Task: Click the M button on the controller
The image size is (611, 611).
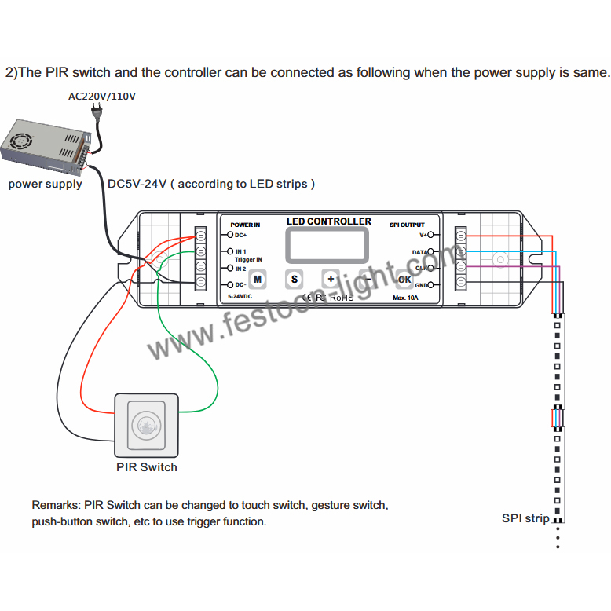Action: (x=257, y=279)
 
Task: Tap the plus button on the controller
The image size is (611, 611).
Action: (x=331, y=279)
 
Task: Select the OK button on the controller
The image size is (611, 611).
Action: (x=404, y=279)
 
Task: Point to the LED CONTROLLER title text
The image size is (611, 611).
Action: (x=329, y=221)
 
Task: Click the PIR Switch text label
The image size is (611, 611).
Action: (x=147, y=467)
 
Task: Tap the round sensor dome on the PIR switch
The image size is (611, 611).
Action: (x=147, y=425)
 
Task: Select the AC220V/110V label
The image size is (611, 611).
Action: (x=103, y=97)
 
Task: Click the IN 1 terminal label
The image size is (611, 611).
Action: (x=241, y=251)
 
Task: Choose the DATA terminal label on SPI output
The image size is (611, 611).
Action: (x=420, y=252)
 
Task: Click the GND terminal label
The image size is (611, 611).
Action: (x=422, y=285)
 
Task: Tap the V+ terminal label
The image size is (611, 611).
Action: (x=423, y=235)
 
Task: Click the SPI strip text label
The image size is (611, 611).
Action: (x=525, y=518)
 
